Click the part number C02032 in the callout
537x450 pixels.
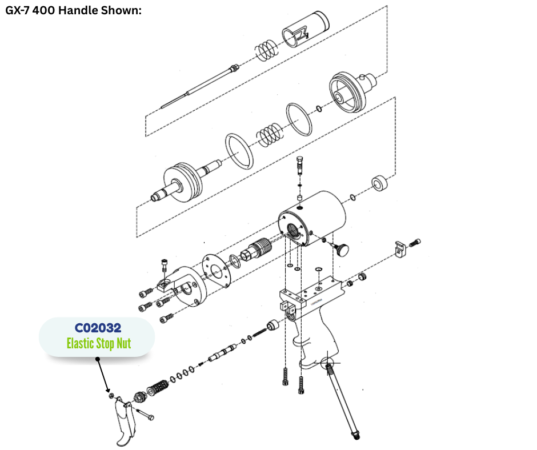click(98, 328)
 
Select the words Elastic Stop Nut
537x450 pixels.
click(99, 343)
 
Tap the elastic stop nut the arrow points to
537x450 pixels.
click(111, 396)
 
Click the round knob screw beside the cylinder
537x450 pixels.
click(340, 248)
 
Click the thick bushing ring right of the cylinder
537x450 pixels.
click(379, 183)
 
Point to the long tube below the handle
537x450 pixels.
click(342, 401)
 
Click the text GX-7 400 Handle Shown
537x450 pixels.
click(73, 10)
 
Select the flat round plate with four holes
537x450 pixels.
click(216, 271)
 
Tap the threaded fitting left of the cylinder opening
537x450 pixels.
click(256, 251)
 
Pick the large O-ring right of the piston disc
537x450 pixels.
click(239, 151)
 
